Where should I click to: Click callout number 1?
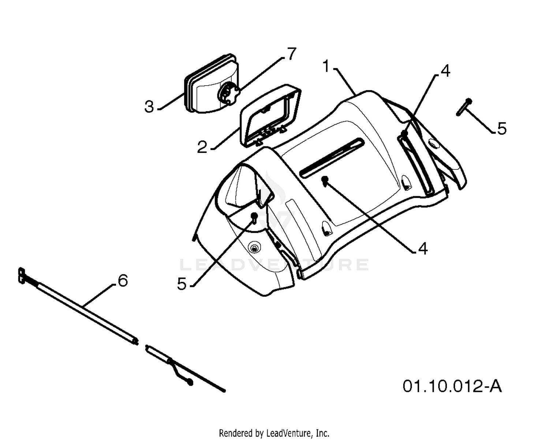[327, 66]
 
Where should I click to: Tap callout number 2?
[202, 147]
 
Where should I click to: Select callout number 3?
[149, 106]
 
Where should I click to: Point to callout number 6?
[123, 281]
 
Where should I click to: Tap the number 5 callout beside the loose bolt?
[501, 128]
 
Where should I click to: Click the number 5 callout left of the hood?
[182, 284]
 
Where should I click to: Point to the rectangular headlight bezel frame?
[270, 115]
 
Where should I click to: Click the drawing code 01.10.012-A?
[452, 386]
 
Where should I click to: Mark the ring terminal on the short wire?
[190, 382]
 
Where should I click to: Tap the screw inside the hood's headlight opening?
[254, 217]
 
